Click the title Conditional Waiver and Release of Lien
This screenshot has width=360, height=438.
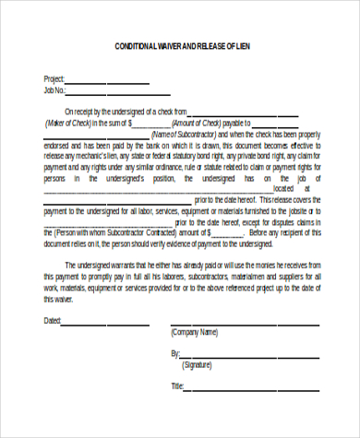181,45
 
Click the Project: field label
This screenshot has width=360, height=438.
54,79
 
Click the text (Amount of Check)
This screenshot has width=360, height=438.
195,122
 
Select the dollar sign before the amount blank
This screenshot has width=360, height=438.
131,122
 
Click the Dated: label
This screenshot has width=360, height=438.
53,321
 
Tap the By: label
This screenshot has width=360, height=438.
175,353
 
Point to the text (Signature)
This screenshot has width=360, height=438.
198,365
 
